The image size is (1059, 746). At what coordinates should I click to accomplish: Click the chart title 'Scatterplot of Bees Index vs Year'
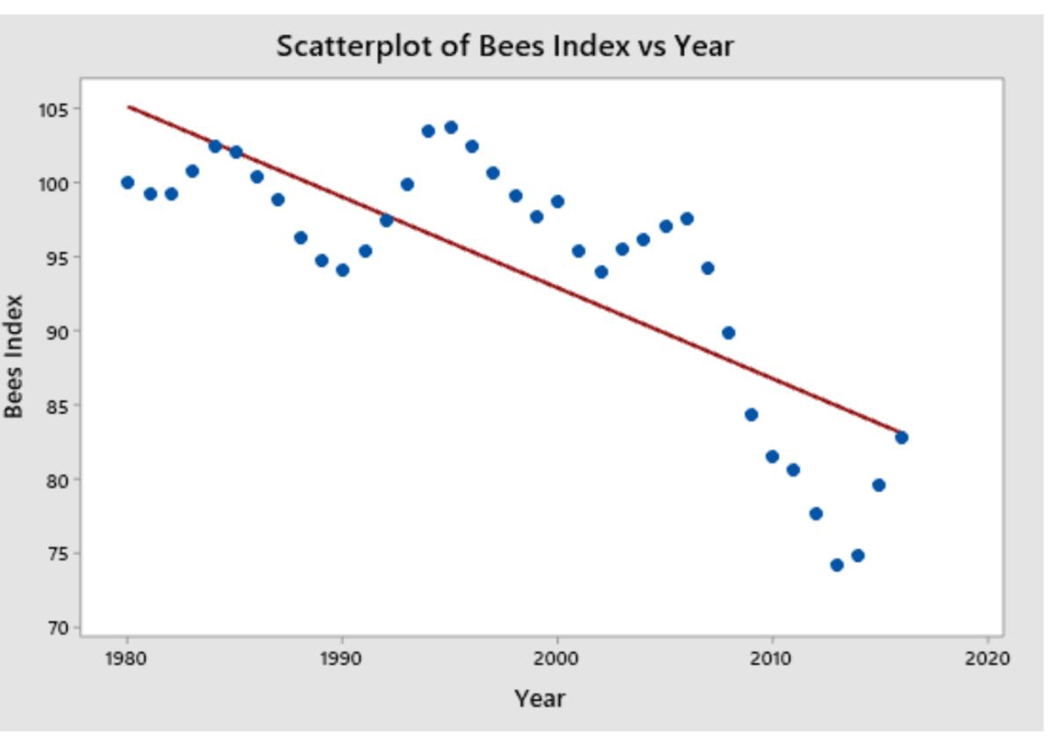coord(504,46)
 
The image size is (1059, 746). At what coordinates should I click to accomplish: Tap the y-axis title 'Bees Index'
coord(14,357)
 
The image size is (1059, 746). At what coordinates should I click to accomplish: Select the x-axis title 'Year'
coord(539,699)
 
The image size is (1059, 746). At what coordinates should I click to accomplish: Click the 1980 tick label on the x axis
coord(127,659)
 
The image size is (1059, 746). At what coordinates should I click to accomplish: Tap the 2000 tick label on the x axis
coord(557,659)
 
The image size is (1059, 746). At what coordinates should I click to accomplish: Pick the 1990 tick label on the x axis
coord(342,659)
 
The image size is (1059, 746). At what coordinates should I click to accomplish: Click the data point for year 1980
coord(127,183)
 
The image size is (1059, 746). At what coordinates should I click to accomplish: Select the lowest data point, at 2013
coord(837,565)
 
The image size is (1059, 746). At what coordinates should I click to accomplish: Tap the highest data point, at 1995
coord(450,127)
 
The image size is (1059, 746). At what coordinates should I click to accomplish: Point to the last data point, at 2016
coord(901,438)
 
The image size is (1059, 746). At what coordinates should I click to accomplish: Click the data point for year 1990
coord(342,270)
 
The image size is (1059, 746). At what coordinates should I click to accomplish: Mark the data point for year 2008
coord(728,333)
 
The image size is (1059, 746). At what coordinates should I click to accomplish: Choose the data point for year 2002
coord(601,272)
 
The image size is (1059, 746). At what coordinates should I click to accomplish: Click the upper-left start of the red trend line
coord(129,107)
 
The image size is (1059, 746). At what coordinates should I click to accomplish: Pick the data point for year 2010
coord(772,456)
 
